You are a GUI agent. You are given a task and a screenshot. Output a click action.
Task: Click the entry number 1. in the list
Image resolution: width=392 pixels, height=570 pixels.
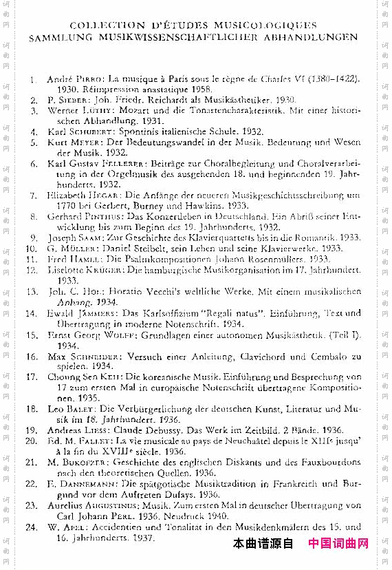pyautogui.click(x=33, y=80)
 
